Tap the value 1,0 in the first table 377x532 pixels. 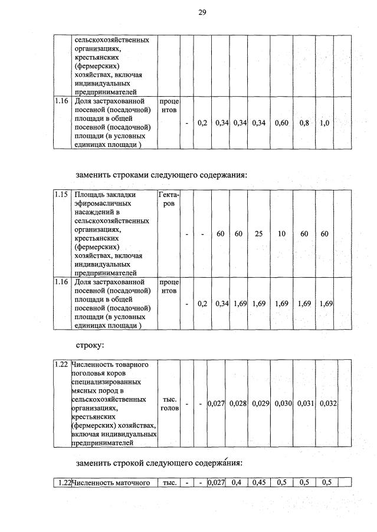coord(324,123)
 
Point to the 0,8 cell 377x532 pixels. coord(304,123)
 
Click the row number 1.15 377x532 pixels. coord(61,195)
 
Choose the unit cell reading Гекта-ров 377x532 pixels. coord(169,199)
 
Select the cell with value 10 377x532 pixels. coord(281,234)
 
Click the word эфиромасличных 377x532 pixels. coord(103,203)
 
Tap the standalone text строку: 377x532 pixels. coord(90,343)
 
